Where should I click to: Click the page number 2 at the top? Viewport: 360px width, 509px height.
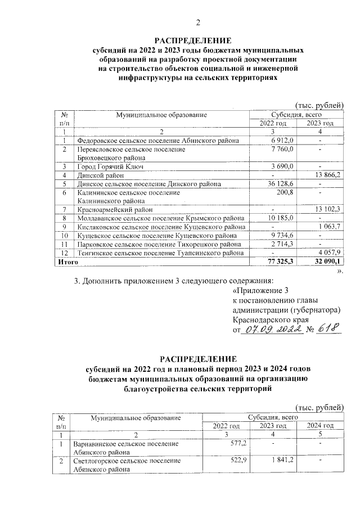click(x=197, y=22)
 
